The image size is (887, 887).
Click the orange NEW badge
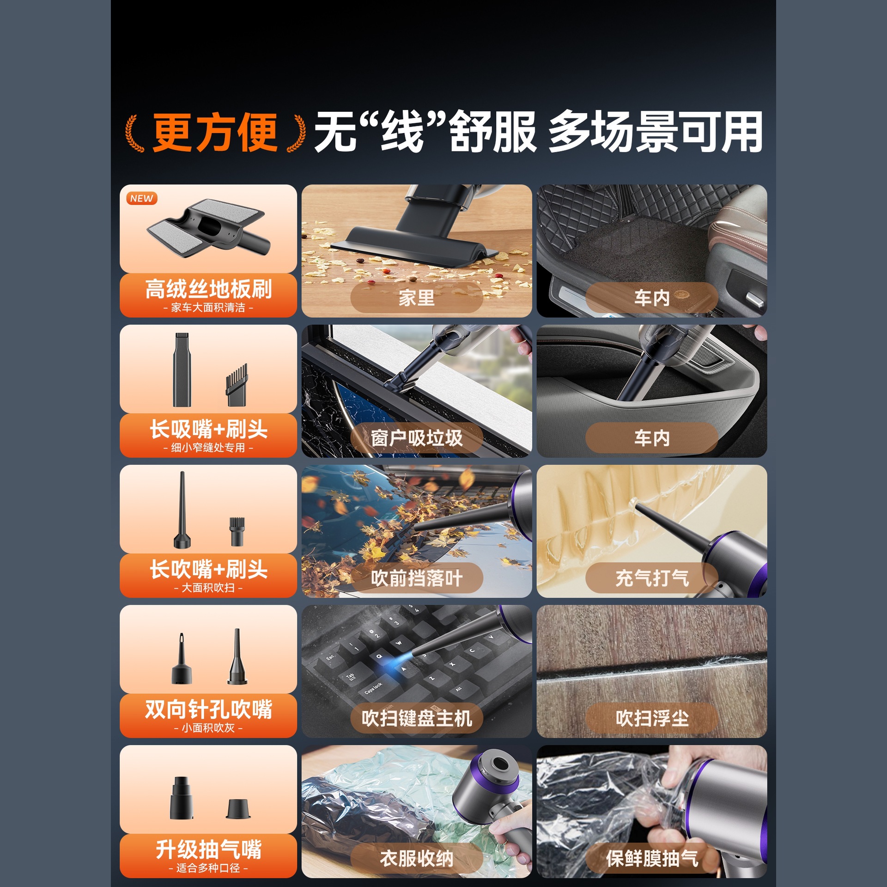142,198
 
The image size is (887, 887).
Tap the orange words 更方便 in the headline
215,132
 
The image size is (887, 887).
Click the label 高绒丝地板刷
208,289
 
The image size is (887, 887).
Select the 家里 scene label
417,298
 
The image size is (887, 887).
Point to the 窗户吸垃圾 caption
417,438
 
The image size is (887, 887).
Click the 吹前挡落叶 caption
417,578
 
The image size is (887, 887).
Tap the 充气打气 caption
652,578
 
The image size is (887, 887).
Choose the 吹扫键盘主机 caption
417,718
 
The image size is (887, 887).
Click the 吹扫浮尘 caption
652,718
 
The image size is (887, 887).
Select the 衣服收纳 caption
417,858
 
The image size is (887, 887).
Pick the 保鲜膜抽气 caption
652,858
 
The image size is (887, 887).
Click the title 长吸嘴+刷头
208,429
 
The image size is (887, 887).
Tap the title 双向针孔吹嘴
208,709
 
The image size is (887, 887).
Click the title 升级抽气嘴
208,849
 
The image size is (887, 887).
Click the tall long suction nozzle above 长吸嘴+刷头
182,370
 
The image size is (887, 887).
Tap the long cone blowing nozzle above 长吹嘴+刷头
182,510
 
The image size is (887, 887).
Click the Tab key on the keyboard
351,677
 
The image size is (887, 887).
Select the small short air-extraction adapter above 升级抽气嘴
238,809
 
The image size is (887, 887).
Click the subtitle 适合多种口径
208,868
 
